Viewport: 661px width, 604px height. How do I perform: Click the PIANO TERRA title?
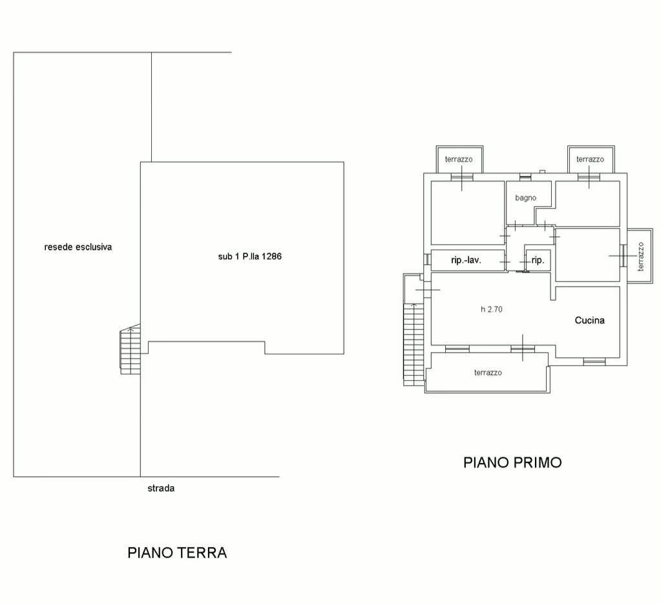(177, 553)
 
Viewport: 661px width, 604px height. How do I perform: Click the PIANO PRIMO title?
(512, 462)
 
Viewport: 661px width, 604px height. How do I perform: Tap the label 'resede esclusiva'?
(78, 246)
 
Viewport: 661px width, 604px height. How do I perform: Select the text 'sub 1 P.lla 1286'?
(249, 256)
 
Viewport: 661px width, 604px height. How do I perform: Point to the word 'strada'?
(161, 488)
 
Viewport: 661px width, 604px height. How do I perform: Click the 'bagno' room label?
(525, 198)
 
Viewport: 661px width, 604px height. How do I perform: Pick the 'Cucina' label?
(590, 320)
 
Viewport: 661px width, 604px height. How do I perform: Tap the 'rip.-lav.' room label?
(468, 261)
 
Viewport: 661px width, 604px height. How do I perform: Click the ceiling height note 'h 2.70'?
(491, 309)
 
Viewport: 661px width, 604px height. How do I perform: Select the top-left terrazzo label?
(459, 159)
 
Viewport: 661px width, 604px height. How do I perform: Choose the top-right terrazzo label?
(590, 159)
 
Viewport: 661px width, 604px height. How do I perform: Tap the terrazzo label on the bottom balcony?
(488, 372)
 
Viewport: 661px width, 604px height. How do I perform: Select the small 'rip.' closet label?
(538, 261)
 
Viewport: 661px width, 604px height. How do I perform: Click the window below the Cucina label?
(594, 361)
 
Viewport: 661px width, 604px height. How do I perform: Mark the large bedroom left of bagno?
(467, 213)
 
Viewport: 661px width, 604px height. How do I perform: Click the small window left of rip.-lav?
(428, 259)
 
